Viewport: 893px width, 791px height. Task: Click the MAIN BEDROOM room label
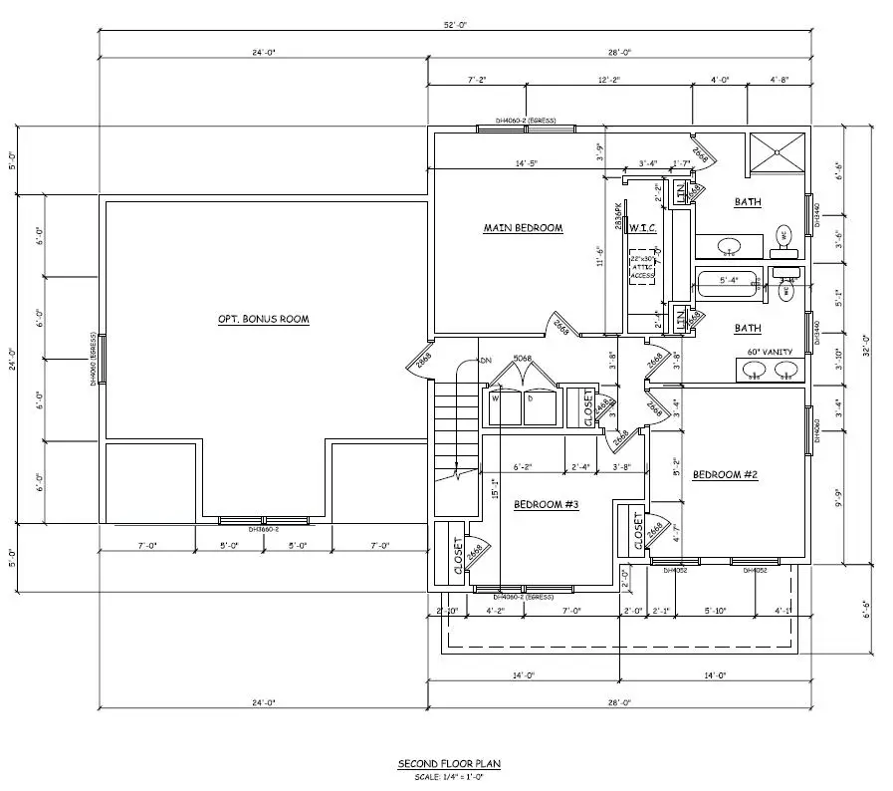(523, 228)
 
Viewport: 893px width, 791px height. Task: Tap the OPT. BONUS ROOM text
(264, 320)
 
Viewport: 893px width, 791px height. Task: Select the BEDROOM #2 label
(726, 475)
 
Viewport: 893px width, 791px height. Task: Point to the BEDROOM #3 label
(546, 505)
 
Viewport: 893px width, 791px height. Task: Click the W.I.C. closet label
(642, 228)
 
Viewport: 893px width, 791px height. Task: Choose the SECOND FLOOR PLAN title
(449, 764)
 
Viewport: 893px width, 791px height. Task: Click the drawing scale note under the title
(449, 776)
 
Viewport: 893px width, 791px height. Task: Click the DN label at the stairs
(487, 360)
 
